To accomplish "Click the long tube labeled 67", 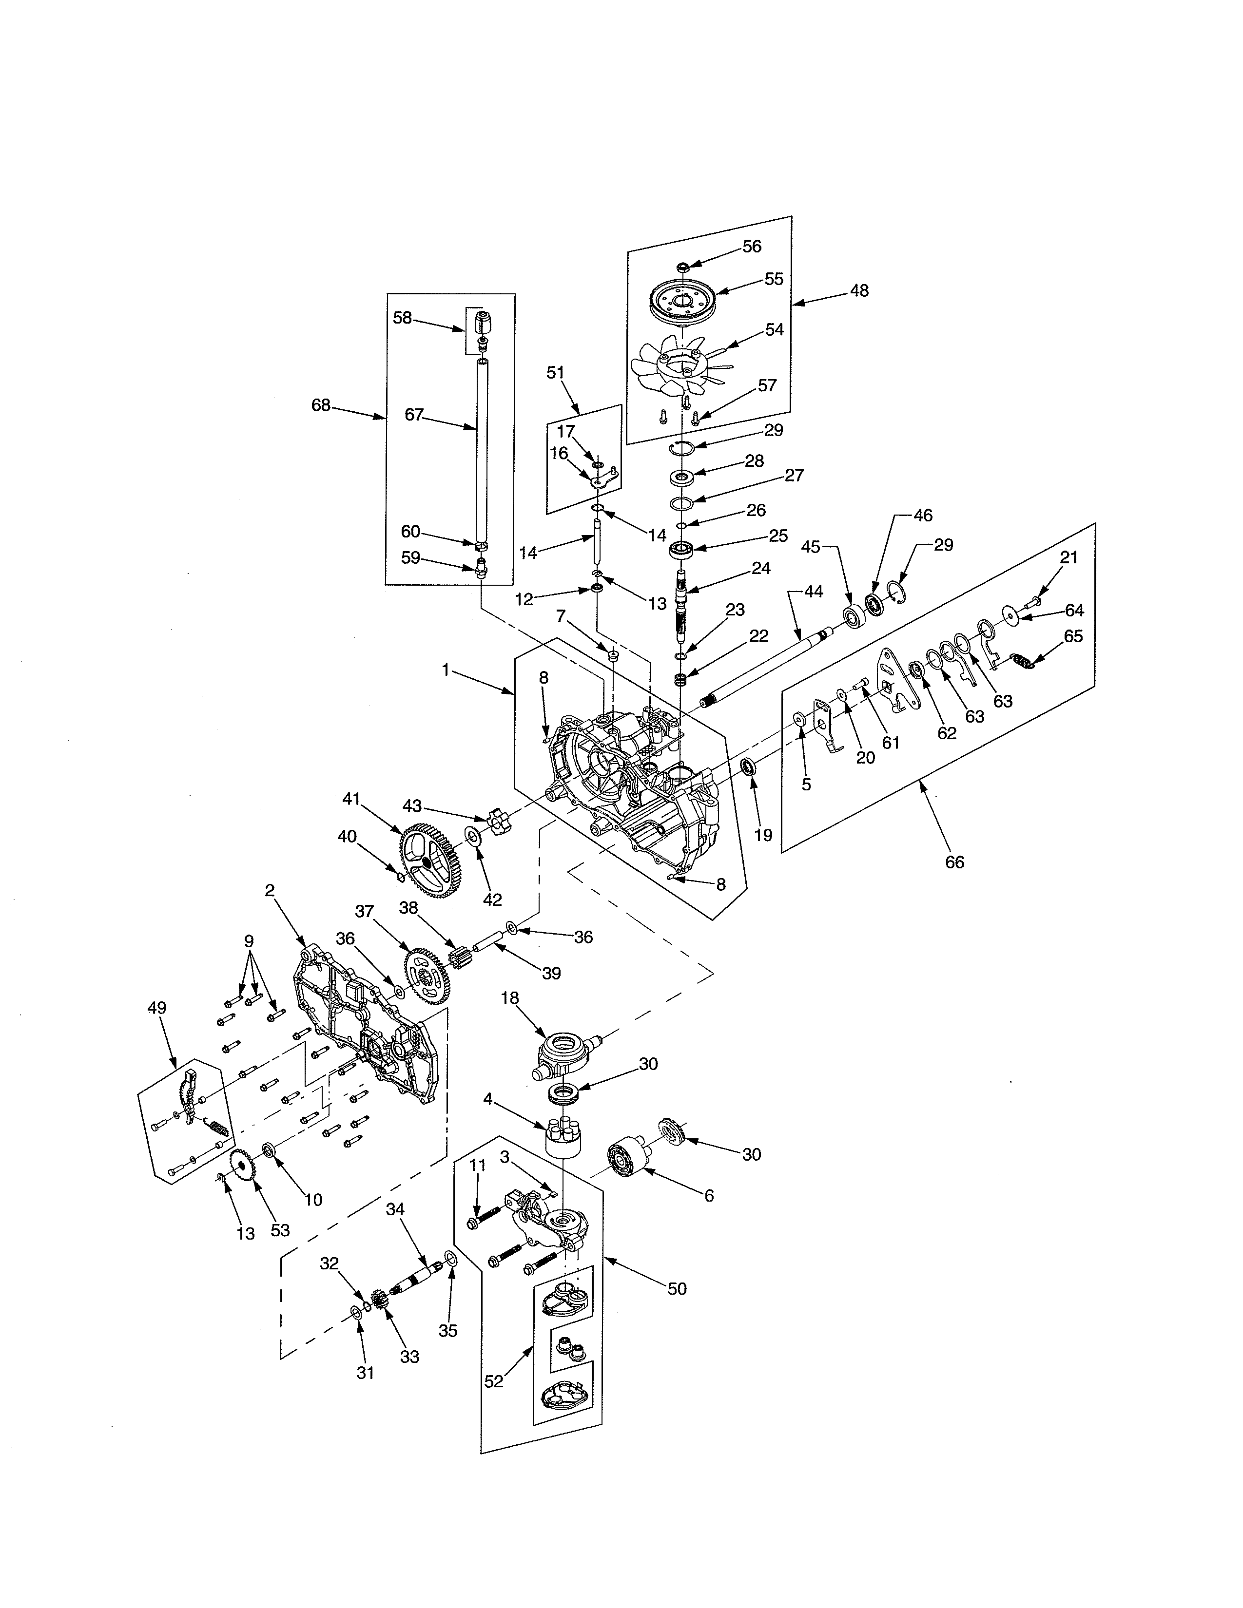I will (482, 449).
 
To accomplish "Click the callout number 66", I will (954, 861).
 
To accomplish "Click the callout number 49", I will (157, 1008).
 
